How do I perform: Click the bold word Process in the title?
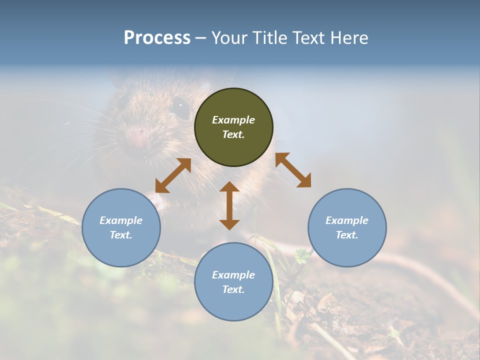157,38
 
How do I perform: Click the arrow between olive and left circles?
173,175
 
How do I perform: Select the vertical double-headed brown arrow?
229,205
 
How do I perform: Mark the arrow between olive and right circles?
293,170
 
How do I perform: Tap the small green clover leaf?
301,255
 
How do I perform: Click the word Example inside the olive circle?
233,120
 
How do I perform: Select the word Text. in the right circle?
347,235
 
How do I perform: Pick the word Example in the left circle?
121,220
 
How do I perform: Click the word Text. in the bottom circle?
233,289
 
